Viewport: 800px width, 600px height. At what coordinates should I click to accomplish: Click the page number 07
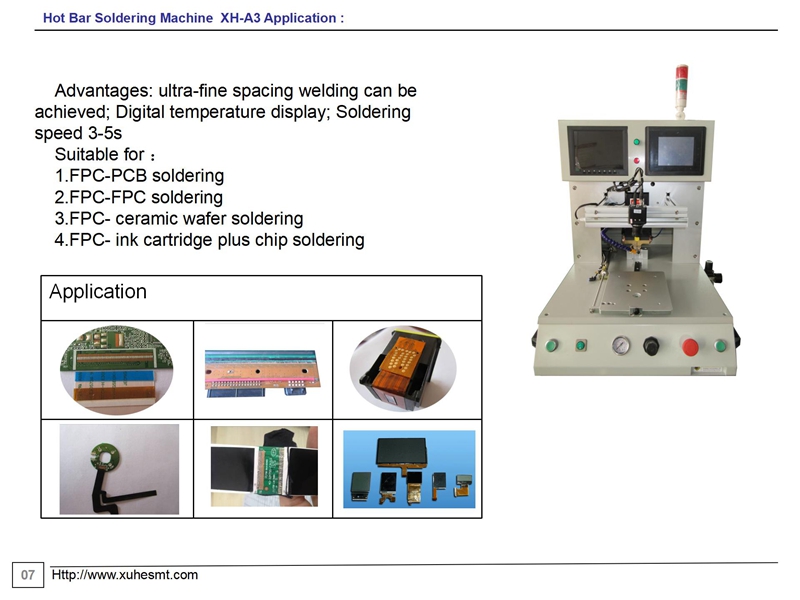(28, 575)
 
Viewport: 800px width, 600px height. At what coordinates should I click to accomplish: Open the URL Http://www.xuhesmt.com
(124, 575)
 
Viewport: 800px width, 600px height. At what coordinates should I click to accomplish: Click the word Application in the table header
(98, 292)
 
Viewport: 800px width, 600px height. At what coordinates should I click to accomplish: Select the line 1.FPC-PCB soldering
(139, 176)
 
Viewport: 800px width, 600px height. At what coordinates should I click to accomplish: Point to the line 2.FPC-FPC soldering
(139, 197)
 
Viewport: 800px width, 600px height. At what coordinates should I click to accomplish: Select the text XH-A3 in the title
(240, 18)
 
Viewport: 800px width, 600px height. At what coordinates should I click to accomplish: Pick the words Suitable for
(99, 154)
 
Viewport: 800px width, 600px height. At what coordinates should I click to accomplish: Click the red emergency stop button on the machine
(690, 346)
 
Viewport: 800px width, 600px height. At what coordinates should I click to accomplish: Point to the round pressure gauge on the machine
(620, 345)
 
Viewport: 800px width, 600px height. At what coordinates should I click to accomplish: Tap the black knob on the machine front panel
(651, 346)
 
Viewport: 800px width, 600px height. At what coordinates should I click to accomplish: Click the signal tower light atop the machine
(682, 90)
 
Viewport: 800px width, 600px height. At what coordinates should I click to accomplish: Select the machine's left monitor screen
(597, 149)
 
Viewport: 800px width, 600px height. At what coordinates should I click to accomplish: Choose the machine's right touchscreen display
(676, 151)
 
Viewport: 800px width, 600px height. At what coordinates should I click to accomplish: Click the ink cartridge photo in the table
(403, 368)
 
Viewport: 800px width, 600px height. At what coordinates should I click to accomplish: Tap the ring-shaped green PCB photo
(119, 469)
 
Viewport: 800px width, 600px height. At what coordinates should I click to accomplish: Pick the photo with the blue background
(409, 469)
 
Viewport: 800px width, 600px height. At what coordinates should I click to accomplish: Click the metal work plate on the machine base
(631, 291)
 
